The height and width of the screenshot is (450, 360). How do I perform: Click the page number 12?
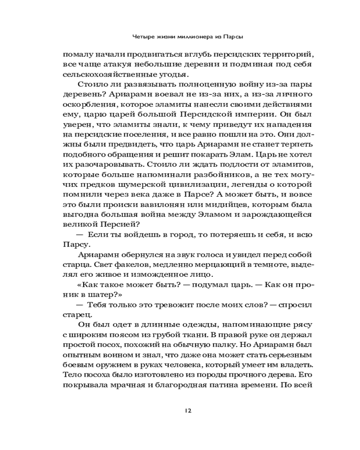[x=189, y=410]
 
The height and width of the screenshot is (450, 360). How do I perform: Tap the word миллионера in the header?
[x=203, y=36]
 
